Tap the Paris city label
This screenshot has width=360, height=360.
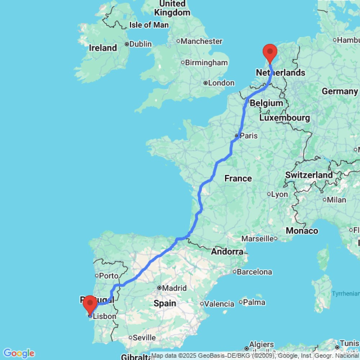click(249, 136)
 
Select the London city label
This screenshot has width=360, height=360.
click(221, 83)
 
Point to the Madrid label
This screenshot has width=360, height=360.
click(174, 288)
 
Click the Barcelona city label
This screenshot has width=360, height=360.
click(254, 272)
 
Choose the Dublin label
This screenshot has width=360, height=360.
click(140, 44)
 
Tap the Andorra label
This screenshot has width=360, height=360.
click(227, 252)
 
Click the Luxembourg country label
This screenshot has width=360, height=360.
click(284, 118)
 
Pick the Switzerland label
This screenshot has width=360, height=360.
click(309, 175)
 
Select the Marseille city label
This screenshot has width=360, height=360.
click(257, 238)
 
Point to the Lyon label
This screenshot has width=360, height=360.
click(279, 194)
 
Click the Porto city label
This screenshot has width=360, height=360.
click(108, 276)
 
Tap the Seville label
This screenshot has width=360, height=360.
click(144, 338)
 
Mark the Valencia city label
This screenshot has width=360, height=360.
click(219, 304)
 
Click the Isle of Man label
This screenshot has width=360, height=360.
click(149, 25)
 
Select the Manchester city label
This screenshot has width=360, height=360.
click(201, 41)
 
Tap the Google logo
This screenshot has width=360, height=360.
click(18, 353)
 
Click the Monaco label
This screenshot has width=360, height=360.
click(302, 231)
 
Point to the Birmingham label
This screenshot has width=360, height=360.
click(206, 63)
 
